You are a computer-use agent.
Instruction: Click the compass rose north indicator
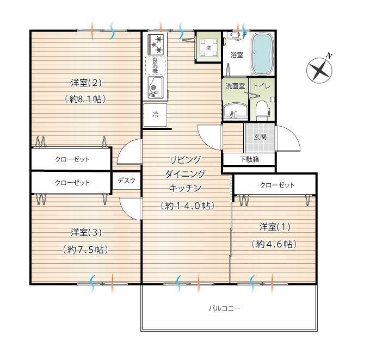320,70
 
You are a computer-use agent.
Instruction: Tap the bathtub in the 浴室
263,54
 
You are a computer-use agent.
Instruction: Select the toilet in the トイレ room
262,110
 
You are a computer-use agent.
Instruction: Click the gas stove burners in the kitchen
156,44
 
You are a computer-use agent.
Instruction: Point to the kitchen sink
155,88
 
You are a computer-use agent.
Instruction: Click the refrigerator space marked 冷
155,115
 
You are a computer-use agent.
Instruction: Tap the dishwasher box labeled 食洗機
155,65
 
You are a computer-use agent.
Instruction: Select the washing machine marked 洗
208,48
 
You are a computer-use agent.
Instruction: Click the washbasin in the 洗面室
235,111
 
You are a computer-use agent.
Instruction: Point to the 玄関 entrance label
260,137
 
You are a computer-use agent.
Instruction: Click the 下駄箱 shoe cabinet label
249,159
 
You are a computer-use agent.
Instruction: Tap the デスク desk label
126,181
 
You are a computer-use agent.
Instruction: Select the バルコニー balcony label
224,308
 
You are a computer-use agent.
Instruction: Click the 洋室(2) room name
86,83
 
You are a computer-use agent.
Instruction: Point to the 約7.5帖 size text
85,250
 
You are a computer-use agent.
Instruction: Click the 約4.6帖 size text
274,244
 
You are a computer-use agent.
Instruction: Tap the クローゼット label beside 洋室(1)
277,185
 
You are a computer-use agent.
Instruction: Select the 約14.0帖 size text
187,206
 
